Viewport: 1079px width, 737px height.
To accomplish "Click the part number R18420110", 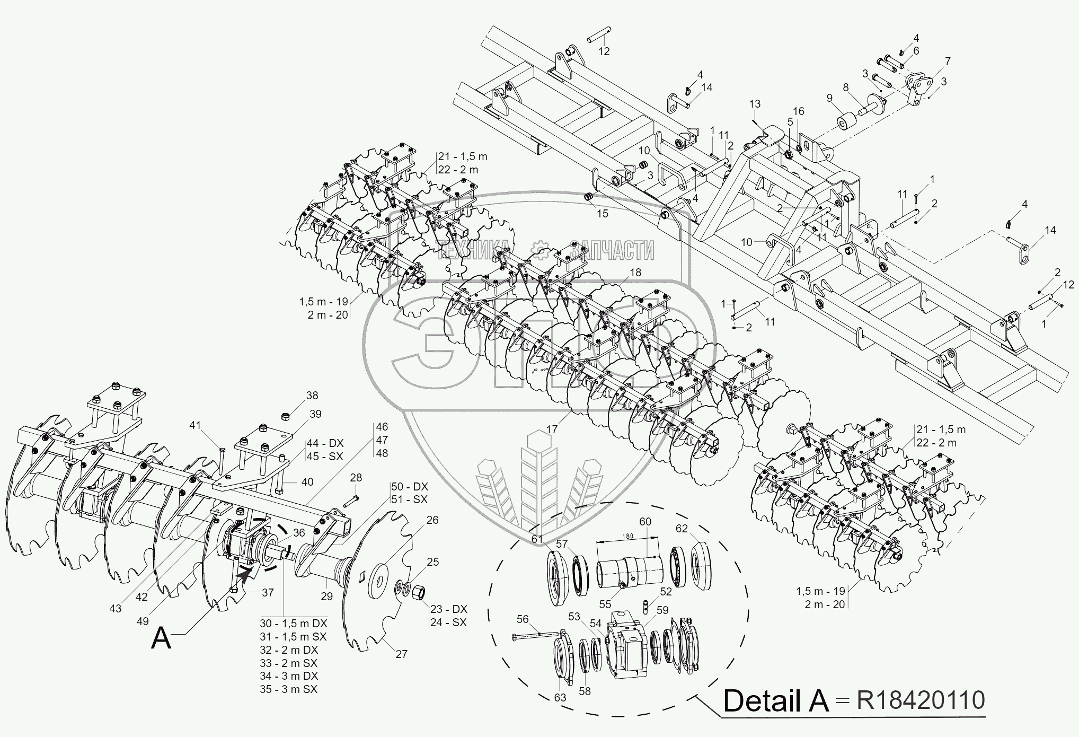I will [921, 700].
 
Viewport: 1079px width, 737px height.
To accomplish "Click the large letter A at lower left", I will [161, 638].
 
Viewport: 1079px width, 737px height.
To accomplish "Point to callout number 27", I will [401, 654].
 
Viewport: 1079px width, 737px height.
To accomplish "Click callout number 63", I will [560, 697].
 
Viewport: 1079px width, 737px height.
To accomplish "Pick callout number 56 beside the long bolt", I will [523, 619].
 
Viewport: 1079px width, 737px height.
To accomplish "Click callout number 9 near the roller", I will [829, 98].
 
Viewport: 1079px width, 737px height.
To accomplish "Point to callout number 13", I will [755, 103].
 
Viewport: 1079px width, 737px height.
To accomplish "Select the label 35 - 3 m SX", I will [288, 689].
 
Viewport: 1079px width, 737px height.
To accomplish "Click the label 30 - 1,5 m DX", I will [293, 623].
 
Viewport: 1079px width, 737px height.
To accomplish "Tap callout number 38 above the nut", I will [312, 396].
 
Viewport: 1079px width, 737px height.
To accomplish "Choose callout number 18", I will [635, 272].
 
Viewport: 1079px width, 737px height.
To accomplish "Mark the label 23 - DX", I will [448, 609].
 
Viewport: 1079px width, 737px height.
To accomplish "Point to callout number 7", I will [947, 62].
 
